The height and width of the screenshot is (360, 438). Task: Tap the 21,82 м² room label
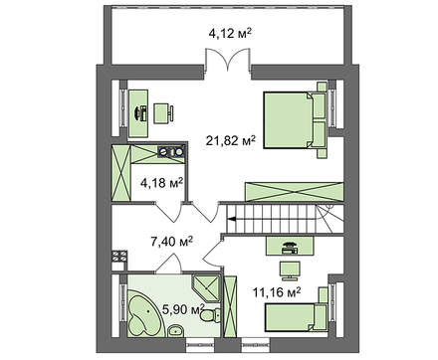click(231, 141)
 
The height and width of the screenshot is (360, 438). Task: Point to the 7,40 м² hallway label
click(172, 242)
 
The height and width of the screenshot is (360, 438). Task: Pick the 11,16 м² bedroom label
click(277, 292)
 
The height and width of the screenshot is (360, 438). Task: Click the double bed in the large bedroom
click(295, 120)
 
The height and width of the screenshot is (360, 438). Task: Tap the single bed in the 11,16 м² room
click(295, 317)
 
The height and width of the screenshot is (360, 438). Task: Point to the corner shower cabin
click(206, 288)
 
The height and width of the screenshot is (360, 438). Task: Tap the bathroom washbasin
click(176, 330)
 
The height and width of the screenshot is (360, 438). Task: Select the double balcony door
click(227, 60)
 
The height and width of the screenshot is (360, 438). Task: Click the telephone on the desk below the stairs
click(290, 248)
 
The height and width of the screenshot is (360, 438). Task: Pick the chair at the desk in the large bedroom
click(163, 113)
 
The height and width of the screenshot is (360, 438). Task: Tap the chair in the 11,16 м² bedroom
click(290, 270)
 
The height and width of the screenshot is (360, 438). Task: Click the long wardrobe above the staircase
click(294, 192)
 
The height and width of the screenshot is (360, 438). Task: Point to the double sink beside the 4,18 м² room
click(171, 151)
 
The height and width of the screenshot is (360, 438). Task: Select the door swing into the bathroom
click(170, 263)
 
